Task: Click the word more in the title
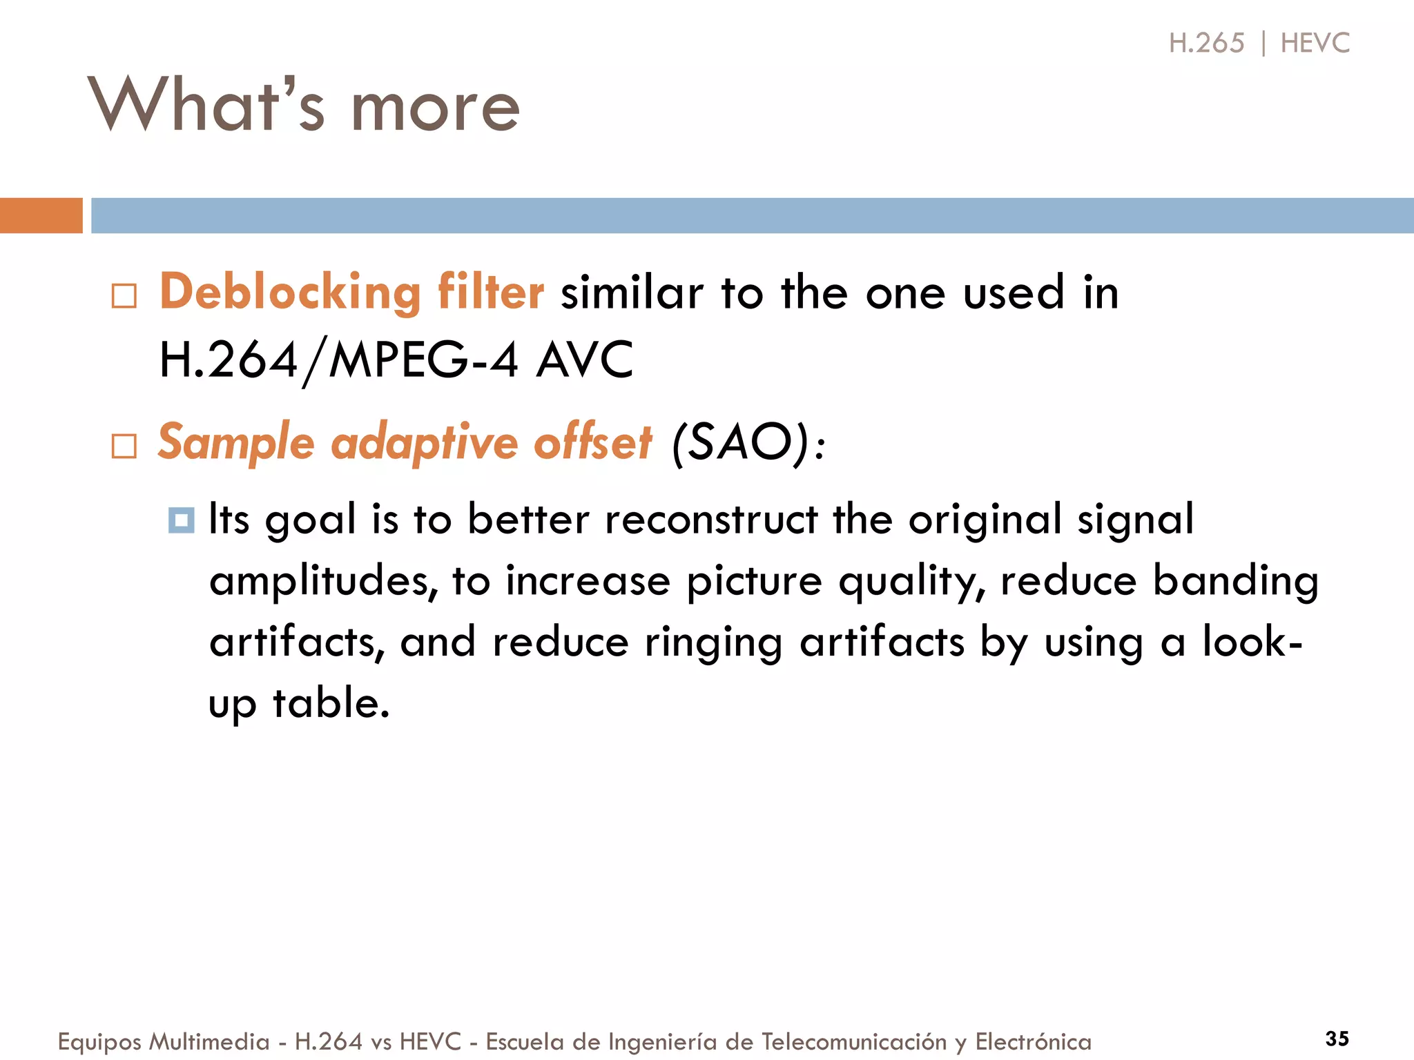point(435,109)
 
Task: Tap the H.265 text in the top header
point(1206,43)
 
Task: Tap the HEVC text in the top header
point(1315,43)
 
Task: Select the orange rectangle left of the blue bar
point(41,215)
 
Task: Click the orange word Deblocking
point(290,292)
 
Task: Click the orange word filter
point(490,292)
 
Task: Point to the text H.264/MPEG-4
point(338,360)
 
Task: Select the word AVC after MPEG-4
point(584,360)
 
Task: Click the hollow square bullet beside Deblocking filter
point(124,296)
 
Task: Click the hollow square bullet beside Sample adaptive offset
point(124,446)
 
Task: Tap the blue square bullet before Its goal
point(182,520)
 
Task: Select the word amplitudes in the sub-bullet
point(323,581)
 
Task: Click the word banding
point(1236,581)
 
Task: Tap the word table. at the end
point(331,704)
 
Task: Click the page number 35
point(1337,1039)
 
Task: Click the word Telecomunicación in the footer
point(853,1042)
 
